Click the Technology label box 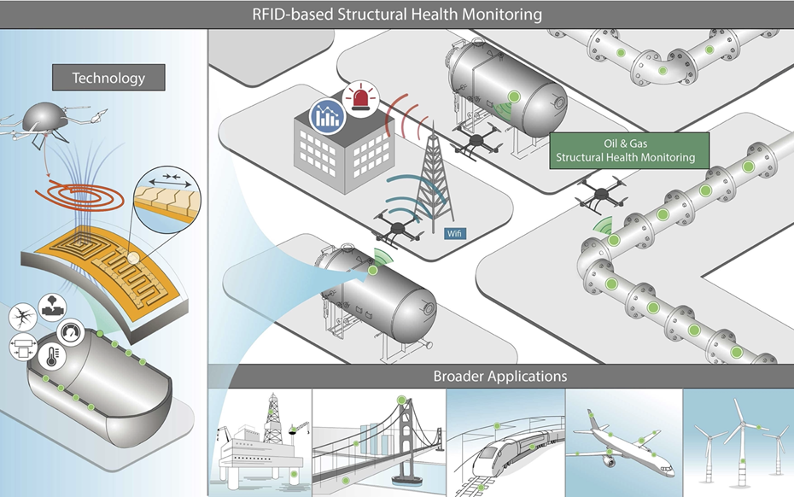pos(108,78)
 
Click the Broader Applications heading pos(499,376)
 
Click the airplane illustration pos(623,445)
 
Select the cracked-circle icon pos(20,319)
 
